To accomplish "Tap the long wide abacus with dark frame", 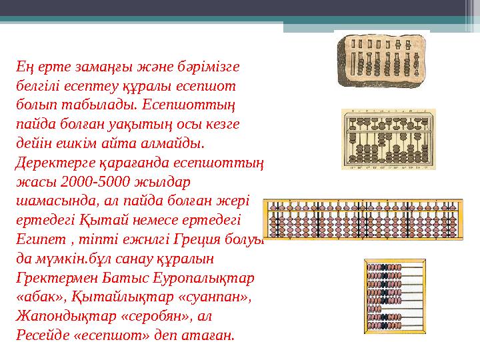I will click(x=363, y=223).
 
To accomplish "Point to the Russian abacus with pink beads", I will click(x=394, y=294).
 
